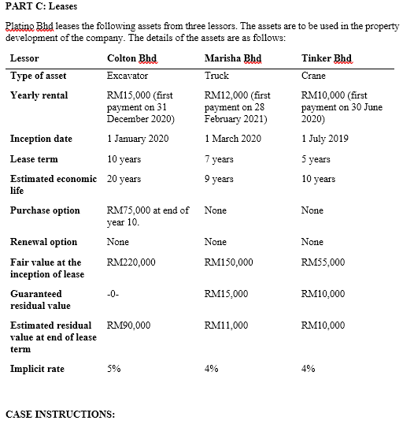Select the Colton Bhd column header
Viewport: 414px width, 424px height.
[x=131, y=58]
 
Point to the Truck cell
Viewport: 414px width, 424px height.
[x=216, y=76]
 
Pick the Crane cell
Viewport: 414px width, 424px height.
[x=313, y=76]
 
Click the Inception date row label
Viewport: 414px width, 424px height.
[x=41, y=139]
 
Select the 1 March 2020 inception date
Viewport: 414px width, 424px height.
[x=232, y=139]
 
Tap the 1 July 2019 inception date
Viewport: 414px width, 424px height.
[x=325, y=139]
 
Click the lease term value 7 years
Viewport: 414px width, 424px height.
[x=219, y=159]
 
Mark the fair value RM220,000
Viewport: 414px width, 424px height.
[x=131, y=262]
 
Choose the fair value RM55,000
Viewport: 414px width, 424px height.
[x=323, y=262]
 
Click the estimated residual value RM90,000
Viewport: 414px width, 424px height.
[x=128, y=325]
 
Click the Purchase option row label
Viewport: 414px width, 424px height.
[x=45, y=210]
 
